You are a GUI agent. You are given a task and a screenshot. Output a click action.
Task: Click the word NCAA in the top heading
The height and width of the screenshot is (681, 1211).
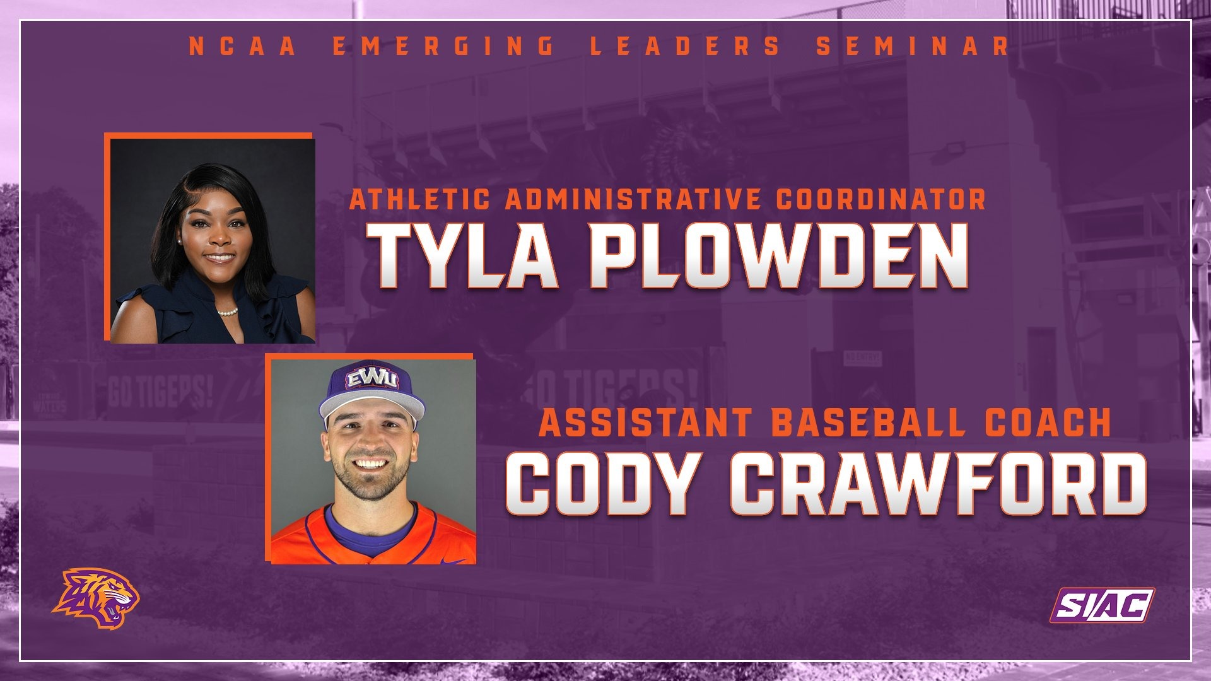(243, 46)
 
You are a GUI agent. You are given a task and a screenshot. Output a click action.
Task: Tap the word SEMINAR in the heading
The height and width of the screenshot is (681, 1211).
(912, 46)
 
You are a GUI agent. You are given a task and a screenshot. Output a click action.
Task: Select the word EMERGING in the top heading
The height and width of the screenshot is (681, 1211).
(443, 46)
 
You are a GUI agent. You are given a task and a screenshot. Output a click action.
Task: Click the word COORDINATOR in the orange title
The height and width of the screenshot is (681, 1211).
(880, 199)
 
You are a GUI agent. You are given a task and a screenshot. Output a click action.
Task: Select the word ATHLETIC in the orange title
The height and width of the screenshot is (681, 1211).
(420, 199)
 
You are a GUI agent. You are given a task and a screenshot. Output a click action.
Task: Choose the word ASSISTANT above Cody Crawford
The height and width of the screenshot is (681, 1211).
(646, 422)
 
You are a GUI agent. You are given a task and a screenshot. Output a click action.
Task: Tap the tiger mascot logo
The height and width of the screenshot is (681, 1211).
(96, 598)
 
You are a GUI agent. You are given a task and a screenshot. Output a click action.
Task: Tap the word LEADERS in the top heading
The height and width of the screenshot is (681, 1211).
(686, 46)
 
